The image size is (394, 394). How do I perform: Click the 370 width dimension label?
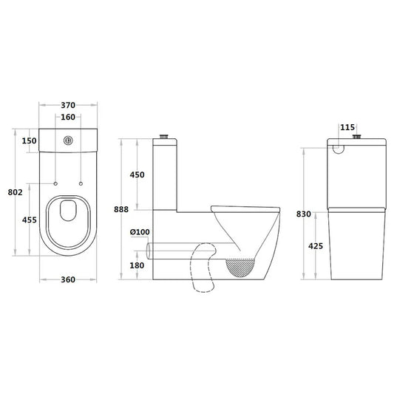[x=68, y=106]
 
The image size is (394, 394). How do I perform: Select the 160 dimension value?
[x=68, y=117]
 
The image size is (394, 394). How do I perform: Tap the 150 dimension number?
[x=29, y=141]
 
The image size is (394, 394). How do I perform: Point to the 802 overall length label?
[x=13, y=192]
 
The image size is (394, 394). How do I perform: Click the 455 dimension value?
[x=29, y=220]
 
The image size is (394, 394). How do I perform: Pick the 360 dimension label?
[x=68, y=280]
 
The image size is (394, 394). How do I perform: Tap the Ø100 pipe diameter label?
[x=139, y=232]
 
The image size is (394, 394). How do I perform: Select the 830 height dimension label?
[x=304, y=214]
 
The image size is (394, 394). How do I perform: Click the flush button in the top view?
[x=68, y=140]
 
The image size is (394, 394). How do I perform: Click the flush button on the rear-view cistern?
[x=359, y=137]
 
